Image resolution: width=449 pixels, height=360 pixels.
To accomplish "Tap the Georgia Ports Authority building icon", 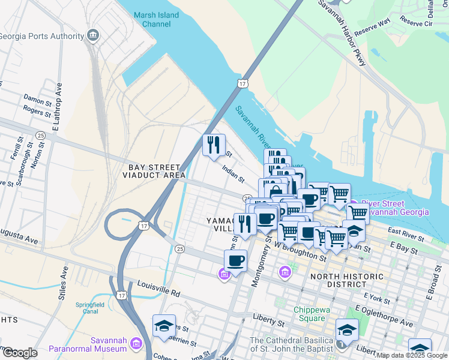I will point(93,35).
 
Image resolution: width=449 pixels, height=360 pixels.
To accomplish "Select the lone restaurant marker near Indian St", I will point(213,145).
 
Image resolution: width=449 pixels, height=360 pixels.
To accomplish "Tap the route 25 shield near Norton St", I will point(41,135).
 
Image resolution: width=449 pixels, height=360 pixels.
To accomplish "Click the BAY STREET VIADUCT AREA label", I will point(154,171).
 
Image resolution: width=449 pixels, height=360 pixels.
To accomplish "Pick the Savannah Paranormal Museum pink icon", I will point(135,343).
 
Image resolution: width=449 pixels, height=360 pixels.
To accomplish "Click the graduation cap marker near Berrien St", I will point(164,325).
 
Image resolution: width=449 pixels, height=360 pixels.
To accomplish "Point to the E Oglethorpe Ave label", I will point(384,316).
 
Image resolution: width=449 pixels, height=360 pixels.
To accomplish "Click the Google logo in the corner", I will point(20,352).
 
